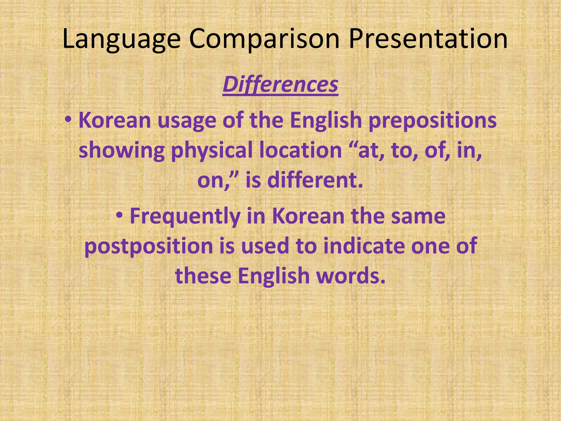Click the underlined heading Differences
(x=280, y=85)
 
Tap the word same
(x=418, y=216)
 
